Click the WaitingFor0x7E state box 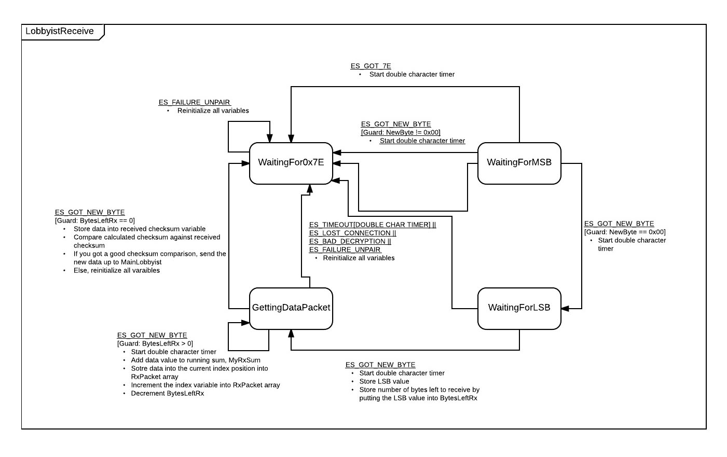(x=291, y=163)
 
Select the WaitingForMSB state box (x=519, y=163)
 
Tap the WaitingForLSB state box (x=519, y=309)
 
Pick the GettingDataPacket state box (x=291, y=309)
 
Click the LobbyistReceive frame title (x=60, y=31)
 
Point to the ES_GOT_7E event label (x=371, y=66)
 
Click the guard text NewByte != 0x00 (x=401, y=132)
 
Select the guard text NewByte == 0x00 (x=625, y=232)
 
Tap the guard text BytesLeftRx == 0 (x=95, y=220)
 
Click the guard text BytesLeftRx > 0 (x=155, y=343)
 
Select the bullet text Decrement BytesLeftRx (x=168, y=393)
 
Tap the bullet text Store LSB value (x=384, y=381)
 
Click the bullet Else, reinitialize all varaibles (x=117, y=270)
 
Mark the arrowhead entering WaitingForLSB (x=565, y=309)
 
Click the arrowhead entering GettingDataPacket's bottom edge (x=291, y=334)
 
